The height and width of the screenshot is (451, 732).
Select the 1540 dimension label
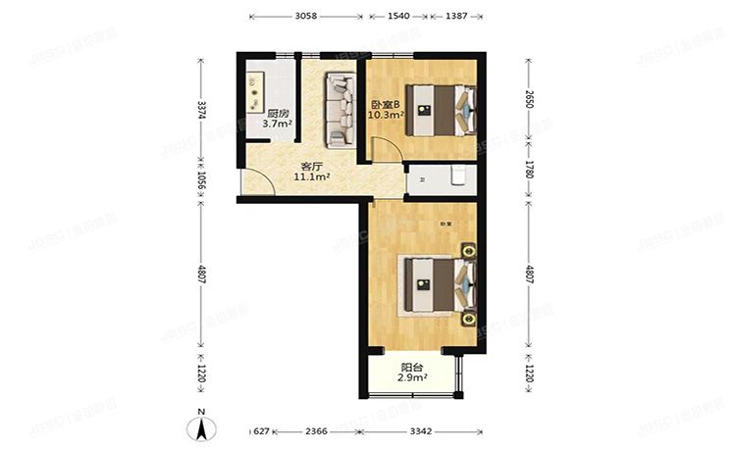pyautogui.click(x=398, y=17)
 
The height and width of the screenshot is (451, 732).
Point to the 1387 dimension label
pyautogui.click(x=455, y=17)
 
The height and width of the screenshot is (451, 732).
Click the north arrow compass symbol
pyautogui.click(x=200, y=426)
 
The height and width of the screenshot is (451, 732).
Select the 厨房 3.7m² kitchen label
pyautogui.click(x=278, y=119)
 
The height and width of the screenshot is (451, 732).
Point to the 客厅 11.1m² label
pyautogui.click(x=312, y=172)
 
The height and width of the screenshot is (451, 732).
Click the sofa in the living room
pyautogui.click(x=340, y=108)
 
